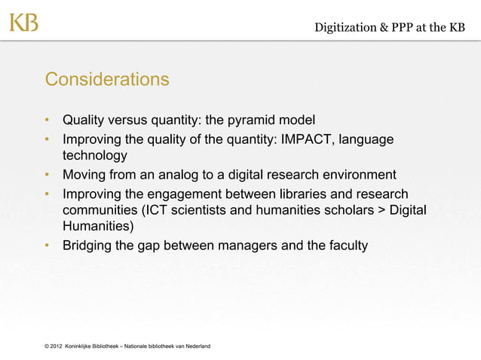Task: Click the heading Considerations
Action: pos(106,79)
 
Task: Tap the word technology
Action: pos(94,156)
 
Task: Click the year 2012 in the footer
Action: pos(55,346)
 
